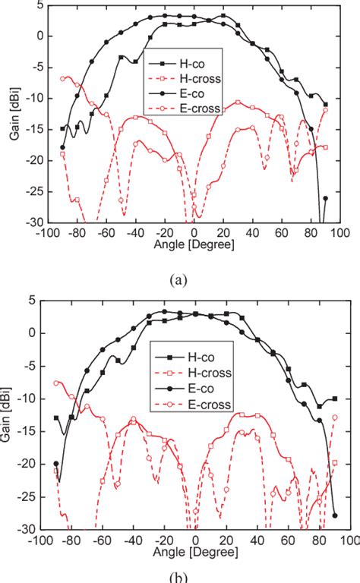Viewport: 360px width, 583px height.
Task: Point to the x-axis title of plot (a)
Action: [x=194, y=247]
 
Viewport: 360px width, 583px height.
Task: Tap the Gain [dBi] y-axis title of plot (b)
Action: [x=10, y=414]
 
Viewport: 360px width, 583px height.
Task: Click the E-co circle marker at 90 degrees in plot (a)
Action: [x=325, y=198]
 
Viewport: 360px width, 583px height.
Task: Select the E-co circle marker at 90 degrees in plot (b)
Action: [x=335, y=515]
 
